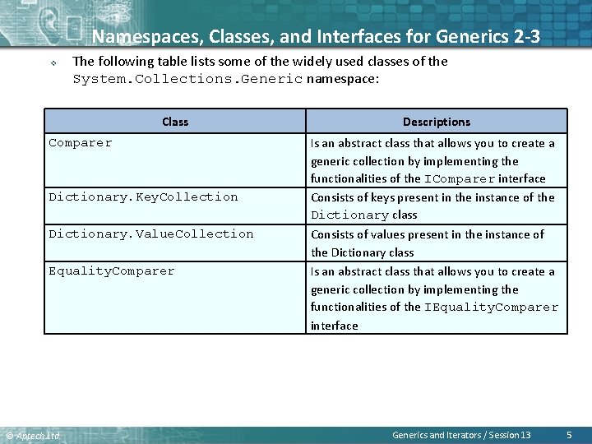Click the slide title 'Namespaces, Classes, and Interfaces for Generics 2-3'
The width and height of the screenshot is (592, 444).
click(x=317, y=36)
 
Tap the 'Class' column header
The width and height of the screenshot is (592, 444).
click(x=175, y=122)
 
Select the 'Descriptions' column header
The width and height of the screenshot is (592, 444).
click(x=437, y=122)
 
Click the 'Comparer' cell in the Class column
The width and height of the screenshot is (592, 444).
click(x=81, y=143)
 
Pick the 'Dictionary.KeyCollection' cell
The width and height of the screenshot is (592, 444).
click(x=143, y=197)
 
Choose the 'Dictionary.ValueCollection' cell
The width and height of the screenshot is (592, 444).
click(x=150, y=234)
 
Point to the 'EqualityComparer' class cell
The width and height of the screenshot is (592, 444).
click(x=112, y=271)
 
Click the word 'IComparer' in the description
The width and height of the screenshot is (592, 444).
click(x=460, y=179)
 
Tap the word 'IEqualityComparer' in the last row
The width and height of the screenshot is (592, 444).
click(x=491, y=308)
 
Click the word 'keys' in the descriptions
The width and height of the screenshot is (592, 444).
click(x=379, y=197)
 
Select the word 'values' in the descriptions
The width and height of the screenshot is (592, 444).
click(x=385, y=234)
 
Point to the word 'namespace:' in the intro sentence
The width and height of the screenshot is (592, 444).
click(x=342, y=80)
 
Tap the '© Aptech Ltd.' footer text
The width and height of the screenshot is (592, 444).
click(x=33, y=435)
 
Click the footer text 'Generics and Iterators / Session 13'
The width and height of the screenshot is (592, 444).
click(x=461, y=435)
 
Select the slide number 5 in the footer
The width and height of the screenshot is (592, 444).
click(x=569, y=434)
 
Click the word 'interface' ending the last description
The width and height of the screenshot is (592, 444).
click(x=334, y=326)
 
